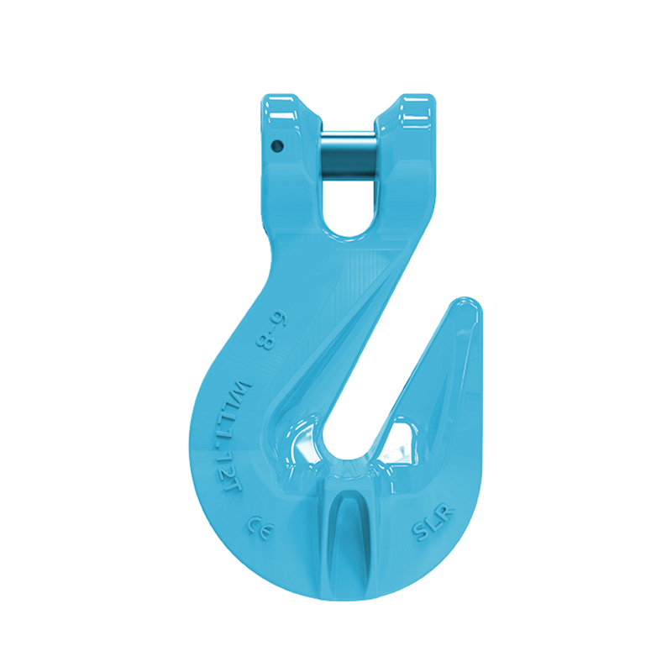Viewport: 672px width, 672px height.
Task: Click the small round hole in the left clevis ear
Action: click(276, 146)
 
